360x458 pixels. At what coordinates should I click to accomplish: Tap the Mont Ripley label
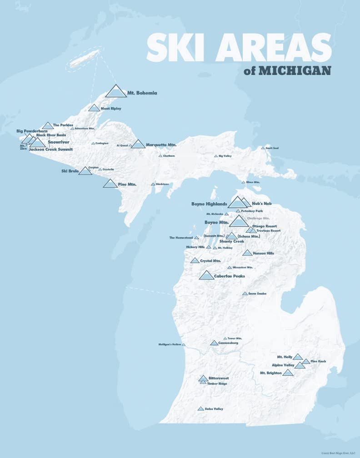(111, 109)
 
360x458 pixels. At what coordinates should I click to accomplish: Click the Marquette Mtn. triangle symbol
(138, 144)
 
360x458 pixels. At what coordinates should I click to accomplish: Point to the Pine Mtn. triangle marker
(110, 184)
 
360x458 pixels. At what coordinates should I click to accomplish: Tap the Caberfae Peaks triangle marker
(206, 275)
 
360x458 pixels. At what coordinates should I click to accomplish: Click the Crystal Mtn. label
(210, 261)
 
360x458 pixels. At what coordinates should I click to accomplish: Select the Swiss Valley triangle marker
(200, 409)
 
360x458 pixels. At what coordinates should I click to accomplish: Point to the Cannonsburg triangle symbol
(214, 343)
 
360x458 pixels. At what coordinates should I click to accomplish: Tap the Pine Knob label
(318, 362)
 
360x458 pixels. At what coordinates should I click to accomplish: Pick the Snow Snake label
(257, 294)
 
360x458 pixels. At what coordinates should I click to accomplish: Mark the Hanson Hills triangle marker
(247, 253)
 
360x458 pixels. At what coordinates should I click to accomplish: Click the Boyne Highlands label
(209, 204)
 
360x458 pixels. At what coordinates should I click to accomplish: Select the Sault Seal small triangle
(263, 148)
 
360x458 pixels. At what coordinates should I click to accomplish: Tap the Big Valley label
(225, 156)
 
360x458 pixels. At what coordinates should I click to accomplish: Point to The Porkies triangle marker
(48, 126)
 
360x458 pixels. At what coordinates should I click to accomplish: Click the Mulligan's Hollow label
(170, 344)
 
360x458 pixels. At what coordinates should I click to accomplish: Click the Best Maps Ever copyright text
(339, 453)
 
